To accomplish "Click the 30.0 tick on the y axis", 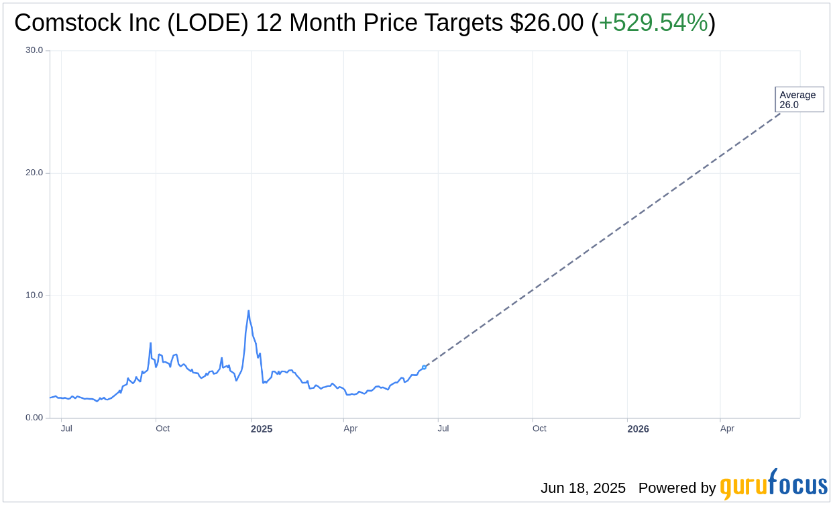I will (34, 50).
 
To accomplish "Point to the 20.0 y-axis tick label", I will (34, 173).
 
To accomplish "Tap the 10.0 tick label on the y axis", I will (34, 295).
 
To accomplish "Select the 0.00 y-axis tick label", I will (34, 418).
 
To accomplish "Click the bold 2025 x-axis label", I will (262, 428).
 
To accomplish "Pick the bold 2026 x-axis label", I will (638, 428).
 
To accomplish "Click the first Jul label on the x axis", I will (66, 428).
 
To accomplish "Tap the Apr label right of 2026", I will (727, 428).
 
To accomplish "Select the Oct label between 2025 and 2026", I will (539, 428).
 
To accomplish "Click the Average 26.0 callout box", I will (799, 99).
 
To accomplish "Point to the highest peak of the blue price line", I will (248, 311).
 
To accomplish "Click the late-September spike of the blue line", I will (150, 343).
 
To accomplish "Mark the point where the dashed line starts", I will (424, 367).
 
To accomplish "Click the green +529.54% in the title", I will (653, 24).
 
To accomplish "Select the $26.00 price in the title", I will (547, 24).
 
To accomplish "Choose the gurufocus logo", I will (773, 484).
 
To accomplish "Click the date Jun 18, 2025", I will (583, 488).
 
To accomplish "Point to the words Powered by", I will (677, 488).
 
